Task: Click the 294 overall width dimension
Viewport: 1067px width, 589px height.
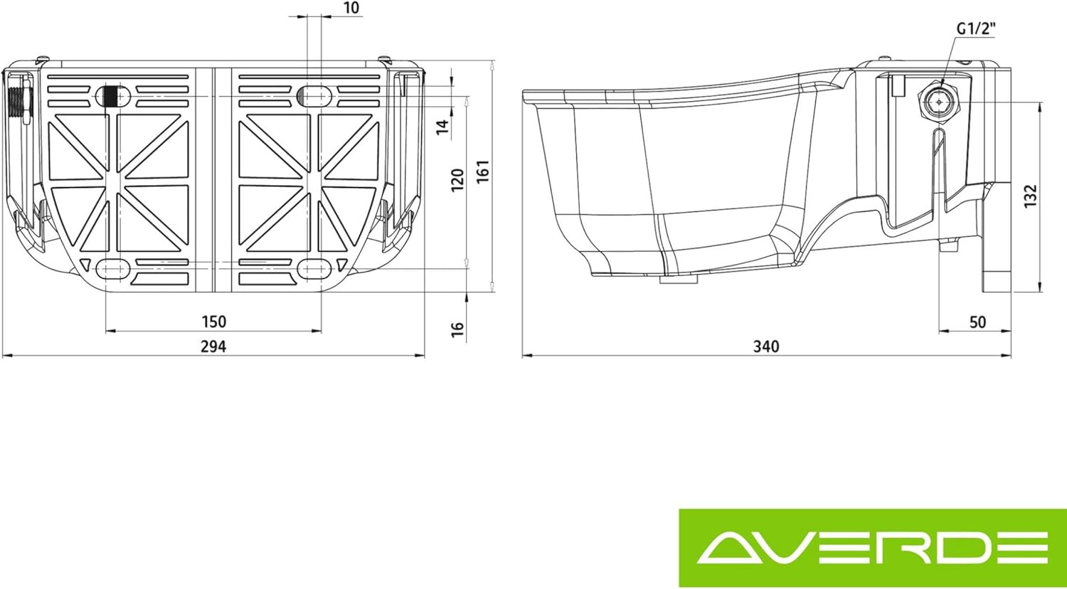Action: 213,346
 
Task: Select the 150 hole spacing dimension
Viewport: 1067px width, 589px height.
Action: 213,322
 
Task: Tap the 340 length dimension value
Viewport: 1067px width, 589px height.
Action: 766,346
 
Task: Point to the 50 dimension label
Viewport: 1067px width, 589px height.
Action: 978,322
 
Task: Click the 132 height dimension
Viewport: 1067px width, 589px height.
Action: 1031,196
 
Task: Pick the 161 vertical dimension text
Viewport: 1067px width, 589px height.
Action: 484,171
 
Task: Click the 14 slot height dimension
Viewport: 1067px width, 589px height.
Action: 442,127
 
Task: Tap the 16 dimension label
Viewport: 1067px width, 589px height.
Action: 458,328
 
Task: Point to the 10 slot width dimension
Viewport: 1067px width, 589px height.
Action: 351,8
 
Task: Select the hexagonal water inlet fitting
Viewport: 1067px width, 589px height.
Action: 939,102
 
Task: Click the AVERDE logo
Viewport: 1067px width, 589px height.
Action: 873,547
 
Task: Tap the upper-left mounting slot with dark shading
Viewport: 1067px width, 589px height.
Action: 113,95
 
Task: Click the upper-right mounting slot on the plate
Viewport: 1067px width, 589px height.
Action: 314,95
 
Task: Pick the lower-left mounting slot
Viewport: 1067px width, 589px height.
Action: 113,268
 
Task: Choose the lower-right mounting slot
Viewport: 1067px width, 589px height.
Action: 314,268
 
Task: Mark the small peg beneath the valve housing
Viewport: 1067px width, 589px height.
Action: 948,245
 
